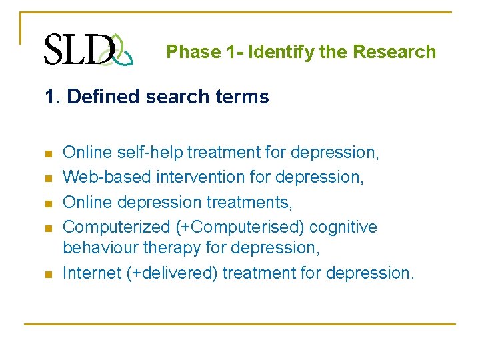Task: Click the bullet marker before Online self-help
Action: tap(48, 153)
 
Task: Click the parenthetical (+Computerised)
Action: tap(241, 227)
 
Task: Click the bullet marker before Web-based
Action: tap(48, 178)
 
